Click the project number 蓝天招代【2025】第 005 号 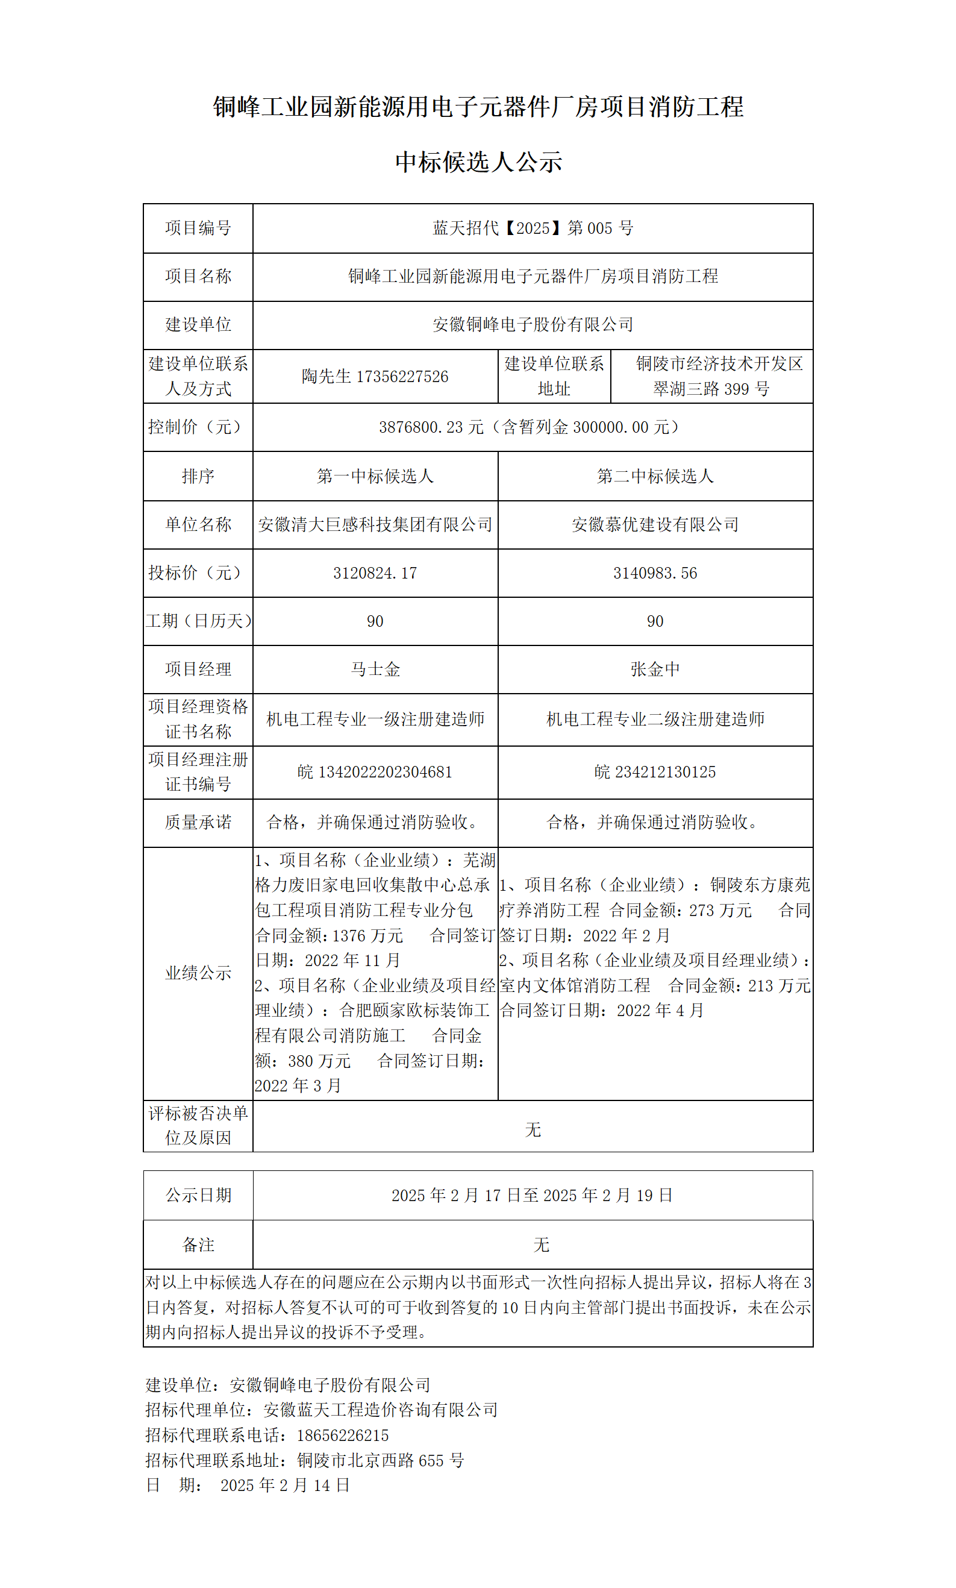[x=533, y=228]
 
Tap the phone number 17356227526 [x=402, y=377]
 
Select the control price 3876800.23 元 [x=431, y=427]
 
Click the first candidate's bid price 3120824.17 [x=375, y=573]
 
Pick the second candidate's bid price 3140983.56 [x=655, y=573]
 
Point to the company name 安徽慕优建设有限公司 [x=655, y=524]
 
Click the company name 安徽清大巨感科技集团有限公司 [x=375, y=524]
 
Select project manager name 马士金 [x=375, y=669]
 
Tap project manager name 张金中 [x=655, y=669]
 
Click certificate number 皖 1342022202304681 [x=375, y=772]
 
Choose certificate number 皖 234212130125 [x=655, y=772]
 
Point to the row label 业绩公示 [x=198, y=973]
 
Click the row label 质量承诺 [x=198, y=823]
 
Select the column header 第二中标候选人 [x=655, y=476]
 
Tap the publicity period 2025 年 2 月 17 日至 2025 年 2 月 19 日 [x=532, y=1196]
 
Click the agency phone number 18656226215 [x=343, y=1436]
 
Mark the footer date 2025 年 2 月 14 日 [x=285, y=1485]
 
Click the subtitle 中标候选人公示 [x=478, y=162]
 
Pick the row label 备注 [x=198, y=1244]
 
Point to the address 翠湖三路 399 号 [x=711, y=389]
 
